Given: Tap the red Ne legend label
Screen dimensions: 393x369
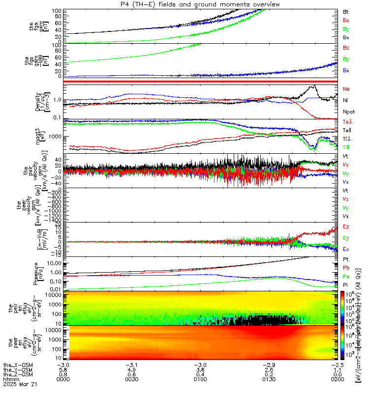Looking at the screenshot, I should click(x=346, y=89).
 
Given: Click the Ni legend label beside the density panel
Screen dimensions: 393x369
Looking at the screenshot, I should click(x=346, y=101).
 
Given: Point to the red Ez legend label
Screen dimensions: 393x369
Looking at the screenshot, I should click(x=346, y=227).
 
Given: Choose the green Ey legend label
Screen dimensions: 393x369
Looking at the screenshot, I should click(x=346, y=238).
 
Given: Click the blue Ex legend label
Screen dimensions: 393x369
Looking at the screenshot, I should click(x=346, y=250).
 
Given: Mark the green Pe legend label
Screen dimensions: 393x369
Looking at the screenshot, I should click(x=346, y=277).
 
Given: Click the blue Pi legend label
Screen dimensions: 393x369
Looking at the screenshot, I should click(x=346, y=285).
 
